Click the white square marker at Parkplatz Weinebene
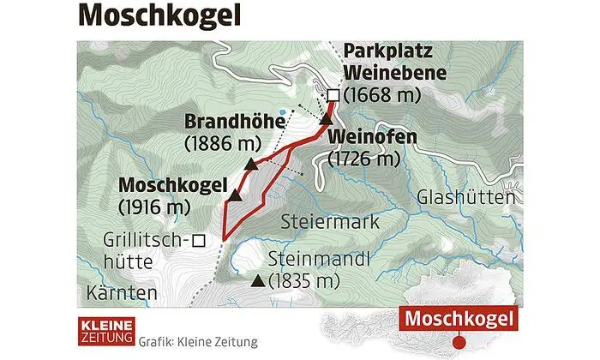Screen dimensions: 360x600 (x=333, y=95)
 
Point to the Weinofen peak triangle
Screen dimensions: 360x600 (x=326, y=121)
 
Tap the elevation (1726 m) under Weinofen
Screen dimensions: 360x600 (x=364, y=159)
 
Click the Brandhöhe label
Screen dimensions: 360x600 (x=234, y=123)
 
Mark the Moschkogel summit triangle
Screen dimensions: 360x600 (x=233, y=196)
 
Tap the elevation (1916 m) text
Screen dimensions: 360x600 (x=153, y=206)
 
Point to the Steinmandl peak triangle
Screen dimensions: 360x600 (x=256, y=280)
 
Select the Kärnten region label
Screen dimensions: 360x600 (x=123, y=293)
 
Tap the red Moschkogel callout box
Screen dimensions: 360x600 (x=459, y=320)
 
